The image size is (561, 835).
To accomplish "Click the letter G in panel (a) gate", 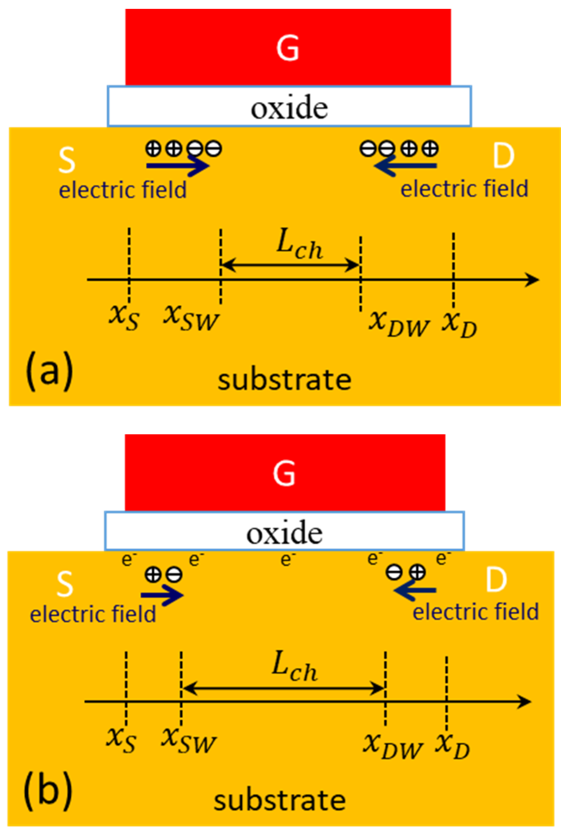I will [x=288, y=48].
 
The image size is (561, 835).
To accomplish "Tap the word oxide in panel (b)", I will [x=284, y=534].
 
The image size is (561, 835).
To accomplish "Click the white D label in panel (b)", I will [x=496, y=580].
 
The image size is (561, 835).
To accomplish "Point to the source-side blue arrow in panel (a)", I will [x=178, y=166].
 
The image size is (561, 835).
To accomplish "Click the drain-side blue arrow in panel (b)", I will [x=415, y=590].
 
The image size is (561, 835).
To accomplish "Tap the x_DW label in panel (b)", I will [x=393, y=745].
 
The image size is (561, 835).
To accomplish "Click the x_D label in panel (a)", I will [x=459, y=324].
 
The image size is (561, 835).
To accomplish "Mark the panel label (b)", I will [x=48, y=789].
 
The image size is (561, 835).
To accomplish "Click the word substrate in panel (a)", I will [x=284, y=380].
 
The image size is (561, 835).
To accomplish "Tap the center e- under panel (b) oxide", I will [x=286, y=560].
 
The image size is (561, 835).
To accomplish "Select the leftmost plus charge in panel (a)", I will [x=153, y=149].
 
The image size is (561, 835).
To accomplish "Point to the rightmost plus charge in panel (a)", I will [x=430, y=149].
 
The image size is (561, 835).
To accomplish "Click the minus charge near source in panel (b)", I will [x=174, y=575].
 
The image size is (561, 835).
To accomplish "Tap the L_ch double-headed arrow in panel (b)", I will [x=283, y=688].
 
